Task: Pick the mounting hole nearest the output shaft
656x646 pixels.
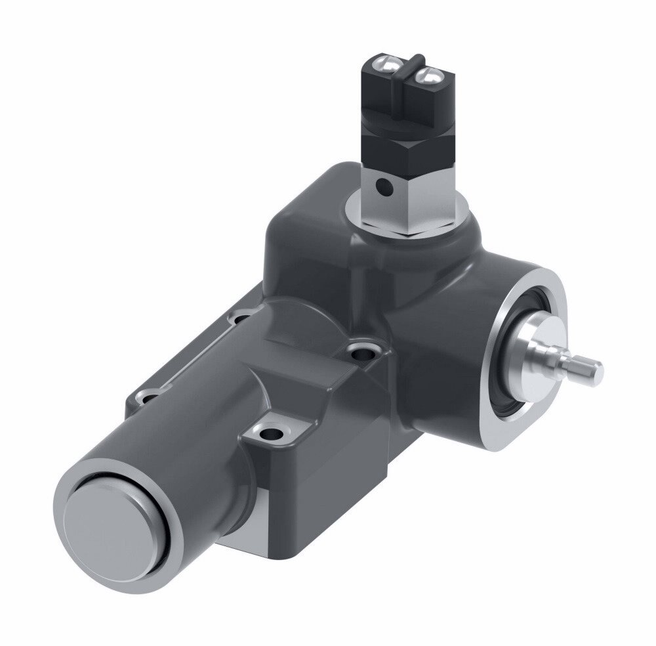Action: [x=361, y=353]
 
